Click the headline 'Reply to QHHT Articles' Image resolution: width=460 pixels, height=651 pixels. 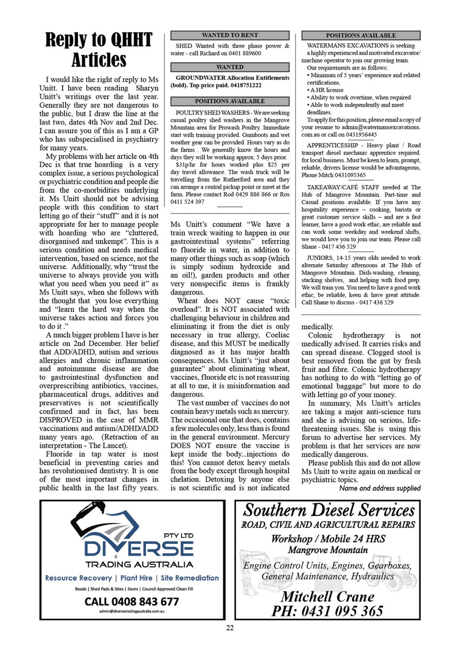point(99,50)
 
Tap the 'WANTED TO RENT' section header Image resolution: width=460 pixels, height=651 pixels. point(230,35)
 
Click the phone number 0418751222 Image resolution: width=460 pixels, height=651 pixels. point(246,85)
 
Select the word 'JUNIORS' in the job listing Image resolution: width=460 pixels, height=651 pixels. point(319,258)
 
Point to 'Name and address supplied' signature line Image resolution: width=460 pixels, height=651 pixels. point(380,488)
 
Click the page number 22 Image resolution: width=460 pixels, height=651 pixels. point(230,628)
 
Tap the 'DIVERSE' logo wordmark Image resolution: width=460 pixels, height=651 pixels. point(139,549)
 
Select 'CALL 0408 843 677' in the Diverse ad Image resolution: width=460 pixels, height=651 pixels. point(132,601)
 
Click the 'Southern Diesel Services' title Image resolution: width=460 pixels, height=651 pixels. point(329,510)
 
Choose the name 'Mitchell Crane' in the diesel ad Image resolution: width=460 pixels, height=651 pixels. point(328,597)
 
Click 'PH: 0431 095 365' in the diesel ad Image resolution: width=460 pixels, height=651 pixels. point(327,611)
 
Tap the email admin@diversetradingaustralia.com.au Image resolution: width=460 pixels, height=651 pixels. point(132,611)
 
